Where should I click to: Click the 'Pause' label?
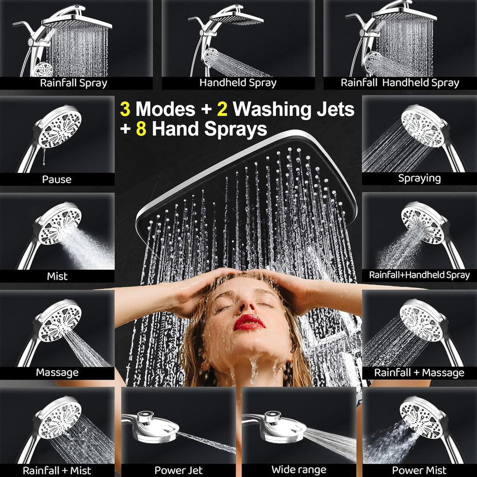57,179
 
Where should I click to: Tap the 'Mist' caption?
57,276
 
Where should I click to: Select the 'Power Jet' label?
178,470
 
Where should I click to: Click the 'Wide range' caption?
299,470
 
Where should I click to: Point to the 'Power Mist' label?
419,470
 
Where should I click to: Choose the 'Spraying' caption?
419,178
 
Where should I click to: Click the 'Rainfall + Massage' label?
419,373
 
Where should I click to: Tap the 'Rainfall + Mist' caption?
57,470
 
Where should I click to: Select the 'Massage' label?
57,373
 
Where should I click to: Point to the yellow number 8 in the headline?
141,129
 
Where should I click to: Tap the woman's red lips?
249,322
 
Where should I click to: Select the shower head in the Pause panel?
59,127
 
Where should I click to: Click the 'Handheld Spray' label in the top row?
238,83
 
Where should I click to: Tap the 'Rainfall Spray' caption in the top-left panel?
74,83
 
